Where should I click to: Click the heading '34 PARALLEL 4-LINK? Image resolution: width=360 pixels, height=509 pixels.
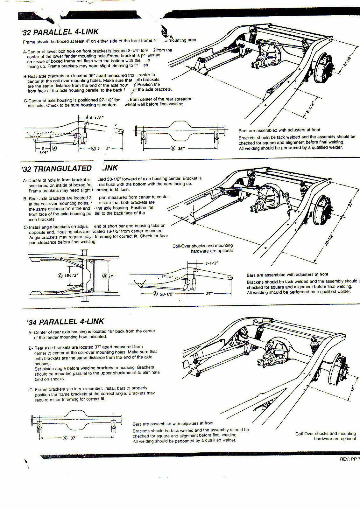click(66, 321)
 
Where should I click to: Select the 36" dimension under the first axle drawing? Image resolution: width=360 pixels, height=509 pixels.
click(180, 148)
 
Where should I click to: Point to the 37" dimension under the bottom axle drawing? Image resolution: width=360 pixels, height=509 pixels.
click(74, 438)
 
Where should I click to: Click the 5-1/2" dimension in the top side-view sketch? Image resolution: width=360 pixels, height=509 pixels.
click(96, 117)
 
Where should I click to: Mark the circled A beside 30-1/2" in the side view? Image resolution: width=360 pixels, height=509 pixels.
click(155, 294)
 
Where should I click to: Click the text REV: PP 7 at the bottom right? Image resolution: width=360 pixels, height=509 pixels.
click(349, 459)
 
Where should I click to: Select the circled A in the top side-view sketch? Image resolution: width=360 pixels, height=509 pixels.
click(54, 148)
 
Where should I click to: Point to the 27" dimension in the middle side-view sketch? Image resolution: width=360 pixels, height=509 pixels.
click(209, 294)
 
